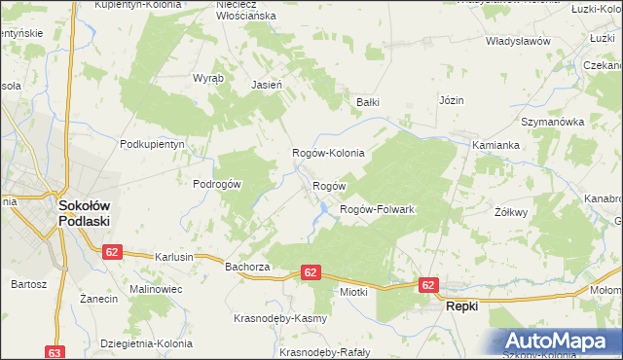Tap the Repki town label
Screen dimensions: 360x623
pyautogui.click(x=462, y=306)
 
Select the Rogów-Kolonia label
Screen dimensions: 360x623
pyautogui.click(x=329, y=153)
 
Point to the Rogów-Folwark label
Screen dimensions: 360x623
pyautogui.click(x=377, y=209)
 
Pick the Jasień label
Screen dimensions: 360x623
pyautogui.click(x=267, y=85)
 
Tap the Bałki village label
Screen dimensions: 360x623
pyautogui.click(x=367, y=101)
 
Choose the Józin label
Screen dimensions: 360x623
pyautogui.click(x=452, y=100)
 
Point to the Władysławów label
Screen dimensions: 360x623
pyautogui.click(x=519, y=42)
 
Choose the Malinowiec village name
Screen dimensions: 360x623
pyautogui.click(x=158, y=290)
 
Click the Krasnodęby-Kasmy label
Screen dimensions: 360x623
pyautogui.click(x=279, y=318)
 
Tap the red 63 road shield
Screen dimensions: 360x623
pyautogui.click(x=55, y=352)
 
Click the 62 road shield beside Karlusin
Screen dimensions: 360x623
pyautogui.click(x=112, y=252)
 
